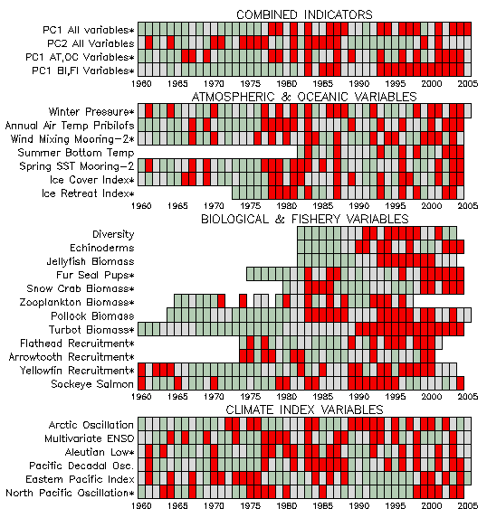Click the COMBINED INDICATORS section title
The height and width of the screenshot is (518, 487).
coord(304,14)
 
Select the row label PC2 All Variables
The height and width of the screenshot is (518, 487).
coord(91,43)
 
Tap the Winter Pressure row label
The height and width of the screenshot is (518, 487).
coord(91,112)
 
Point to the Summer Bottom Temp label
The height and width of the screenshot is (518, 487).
coord(76,153)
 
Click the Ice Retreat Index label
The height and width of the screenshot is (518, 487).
coord(88,193)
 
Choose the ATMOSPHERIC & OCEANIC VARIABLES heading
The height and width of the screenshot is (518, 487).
coord(304,97)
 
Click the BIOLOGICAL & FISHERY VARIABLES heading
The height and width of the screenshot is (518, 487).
coord(305,219)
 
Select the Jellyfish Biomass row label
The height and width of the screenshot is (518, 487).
coord(91,261)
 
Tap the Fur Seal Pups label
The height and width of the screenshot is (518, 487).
coord(95,275)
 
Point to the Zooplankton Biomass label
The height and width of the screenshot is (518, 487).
coord(77,302)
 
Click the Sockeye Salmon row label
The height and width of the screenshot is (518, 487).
coord(92,384)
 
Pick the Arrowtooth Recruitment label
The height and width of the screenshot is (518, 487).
coord(72,357)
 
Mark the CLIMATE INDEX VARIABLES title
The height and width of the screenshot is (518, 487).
coord(304,410)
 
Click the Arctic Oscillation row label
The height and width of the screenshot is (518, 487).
coord(91,425)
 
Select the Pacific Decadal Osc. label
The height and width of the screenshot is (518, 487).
coord(81,466)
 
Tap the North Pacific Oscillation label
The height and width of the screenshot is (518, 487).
coord(70,493)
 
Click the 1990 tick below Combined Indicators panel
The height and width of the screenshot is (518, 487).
coord(359,83)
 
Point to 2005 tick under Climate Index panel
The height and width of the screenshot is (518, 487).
coord(468,505)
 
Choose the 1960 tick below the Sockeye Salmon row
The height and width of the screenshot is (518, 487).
coord(141,397)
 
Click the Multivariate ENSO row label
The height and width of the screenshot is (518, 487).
coord(90,438)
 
